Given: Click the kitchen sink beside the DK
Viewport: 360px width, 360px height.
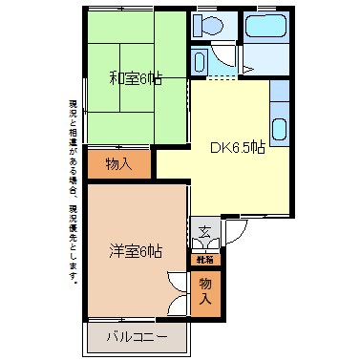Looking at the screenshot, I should pos(280,127).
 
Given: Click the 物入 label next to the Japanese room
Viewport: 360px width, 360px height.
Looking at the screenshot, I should pos(119,164).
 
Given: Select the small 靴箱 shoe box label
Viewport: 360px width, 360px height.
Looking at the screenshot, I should pos(205,258).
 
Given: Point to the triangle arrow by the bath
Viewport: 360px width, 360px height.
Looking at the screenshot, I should pos(246,69).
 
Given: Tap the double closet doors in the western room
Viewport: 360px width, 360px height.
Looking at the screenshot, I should pos(176,291).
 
